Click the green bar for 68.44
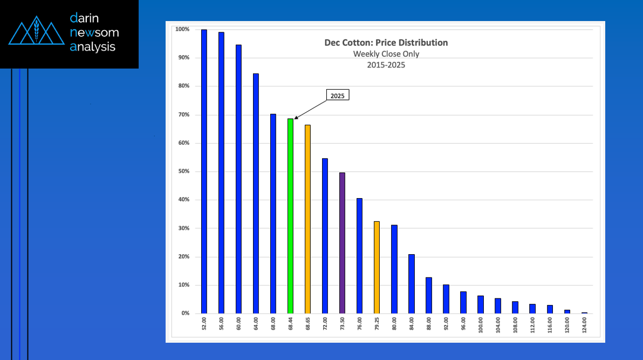tap(290, 216)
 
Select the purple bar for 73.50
tap(342, 243)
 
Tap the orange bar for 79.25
tap(377, 267)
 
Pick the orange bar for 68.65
tap(307, 219)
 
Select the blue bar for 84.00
tap(411, 283)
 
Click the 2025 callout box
tap(337, 95)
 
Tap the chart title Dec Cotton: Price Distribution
tap(386, 43)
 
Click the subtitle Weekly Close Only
tap(386, 53)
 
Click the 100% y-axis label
tap(182, 29)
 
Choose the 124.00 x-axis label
tap(584, 325)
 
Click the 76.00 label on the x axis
tap(360, 325)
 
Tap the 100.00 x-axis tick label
tap(481, 325)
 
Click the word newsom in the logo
tap(94, 32)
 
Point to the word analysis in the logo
tap(93, 47)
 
